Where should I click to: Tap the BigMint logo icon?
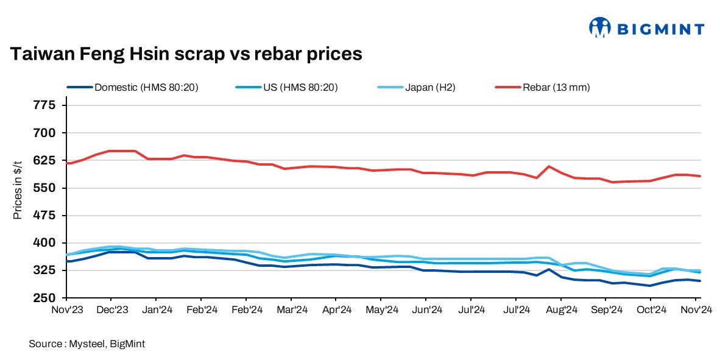599,27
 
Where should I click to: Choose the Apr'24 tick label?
336,309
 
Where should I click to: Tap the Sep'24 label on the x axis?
605,309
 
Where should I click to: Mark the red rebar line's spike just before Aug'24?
549,166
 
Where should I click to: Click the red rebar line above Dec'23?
111,151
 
